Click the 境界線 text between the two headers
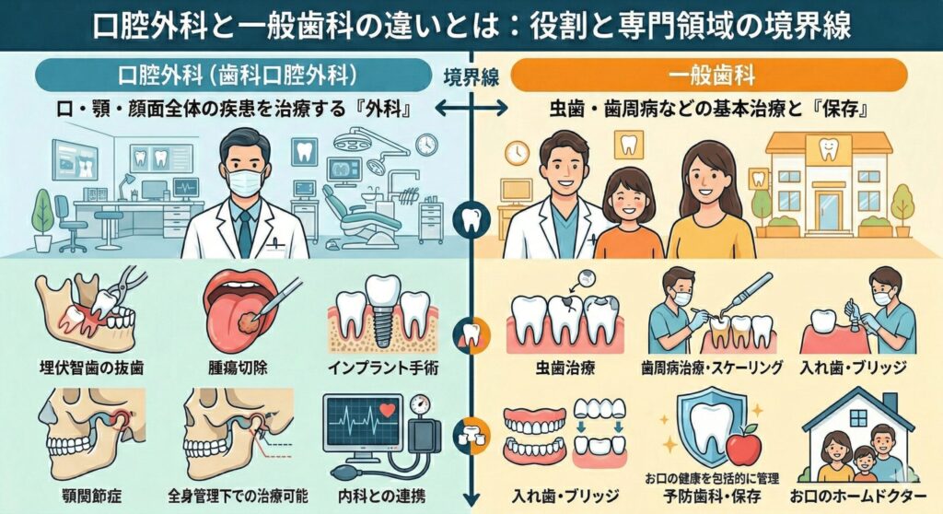[x=471, y=78]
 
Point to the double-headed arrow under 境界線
[x=471, y=108]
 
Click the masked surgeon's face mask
[x=245, y=181]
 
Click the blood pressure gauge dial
[x=423, y=405]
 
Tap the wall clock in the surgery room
[x=425, y=145]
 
